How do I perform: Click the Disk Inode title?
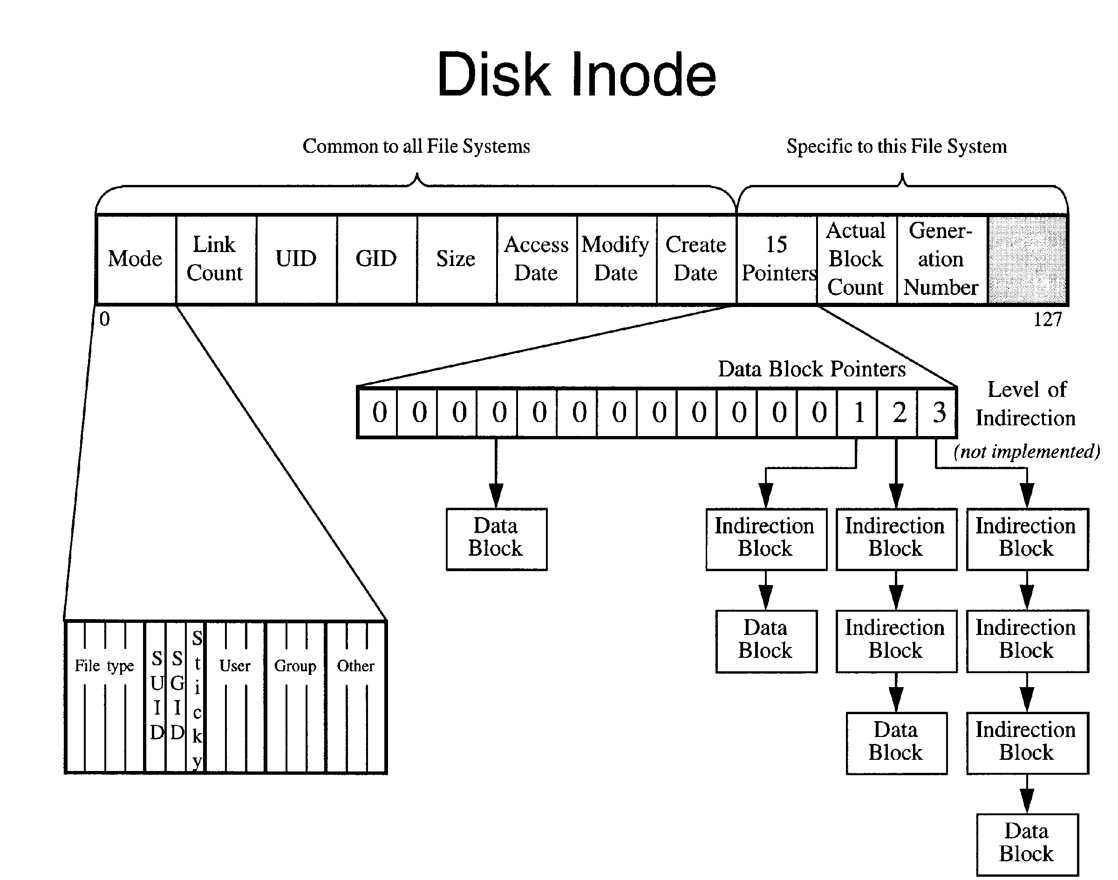(576, 75)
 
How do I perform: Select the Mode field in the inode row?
(136, 259)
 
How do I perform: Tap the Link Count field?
(215, 259)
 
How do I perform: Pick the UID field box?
(296, 259)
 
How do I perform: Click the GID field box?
(376, 259)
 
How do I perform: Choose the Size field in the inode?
(456, 259)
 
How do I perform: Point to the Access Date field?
(536, 259)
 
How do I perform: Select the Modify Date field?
(616, 259)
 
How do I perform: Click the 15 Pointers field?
(777, 259)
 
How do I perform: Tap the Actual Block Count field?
(856, 259)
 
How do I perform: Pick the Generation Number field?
(941, 259)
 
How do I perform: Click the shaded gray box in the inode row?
(1027, 259)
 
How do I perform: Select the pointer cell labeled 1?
(857, 413)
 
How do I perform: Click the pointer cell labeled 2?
(898, 413)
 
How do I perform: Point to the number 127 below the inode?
(1047, 320)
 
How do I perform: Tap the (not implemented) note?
(1026, 451)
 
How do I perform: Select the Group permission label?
(295, 666)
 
